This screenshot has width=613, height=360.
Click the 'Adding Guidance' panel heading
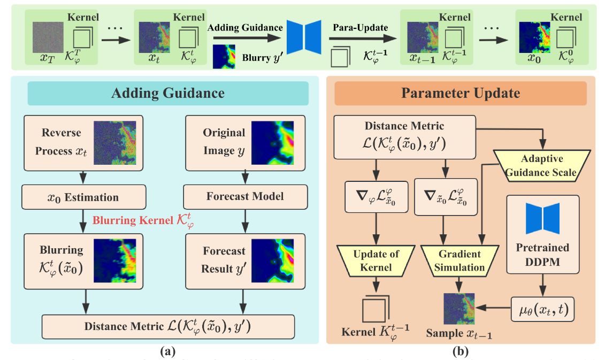tap(167, 94)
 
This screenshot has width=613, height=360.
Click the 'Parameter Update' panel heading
tap(461, 94)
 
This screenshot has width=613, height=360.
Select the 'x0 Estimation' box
tap(83, 197)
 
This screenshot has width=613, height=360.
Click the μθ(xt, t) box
tap(542, 309)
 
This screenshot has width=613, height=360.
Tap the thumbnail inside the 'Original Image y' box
tap(272, 142)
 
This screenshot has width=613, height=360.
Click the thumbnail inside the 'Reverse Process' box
tap(114, 142)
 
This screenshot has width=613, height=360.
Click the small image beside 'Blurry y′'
tap(224, 57)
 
